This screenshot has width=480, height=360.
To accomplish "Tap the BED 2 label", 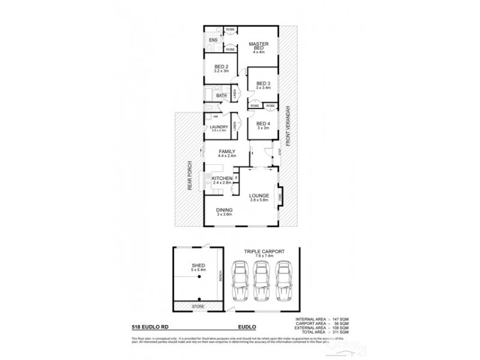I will pyautogui.click(x=221, y=67).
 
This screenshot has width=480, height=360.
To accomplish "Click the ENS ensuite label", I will pyautogui.click(x=212, y=40).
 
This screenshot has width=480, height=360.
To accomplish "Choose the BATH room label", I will pyautogui.click(x=221, y=95).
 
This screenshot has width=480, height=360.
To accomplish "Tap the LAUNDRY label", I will pyautogui.click(x=218, y=127).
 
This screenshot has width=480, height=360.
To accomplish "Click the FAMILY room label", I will pyautogui.click(x=227, y=151).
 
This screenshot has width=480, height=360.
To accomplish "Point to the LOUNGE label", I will pyautogui.click(x=259, y=196).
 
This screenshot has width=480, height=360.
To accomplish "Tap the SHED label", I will pyautogui.click(x=197, y=266).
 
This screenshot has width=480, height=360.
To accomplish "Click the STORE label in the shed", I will pyautogui.click(x=197, y=307).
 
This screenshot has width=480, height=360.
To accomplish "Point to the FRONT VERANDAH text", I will pyautogui.click(x=289, y=126).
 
